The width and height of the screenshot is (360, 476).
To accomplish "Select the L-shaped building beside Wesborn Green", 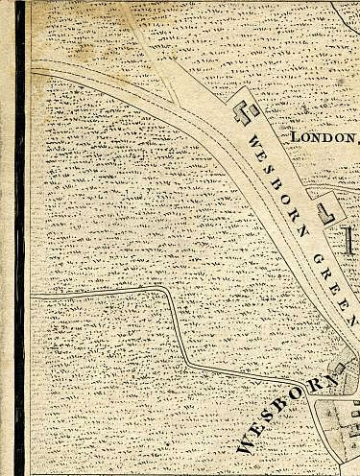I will (325, 207).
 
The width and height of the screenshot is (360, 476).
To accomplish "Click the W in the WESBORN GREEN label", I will (253, 142).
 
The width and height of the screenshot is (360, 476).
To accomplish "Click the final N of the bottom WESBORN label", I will (331, 383).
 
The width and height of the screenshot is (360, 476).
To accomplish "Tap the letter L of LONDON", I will (294, 136).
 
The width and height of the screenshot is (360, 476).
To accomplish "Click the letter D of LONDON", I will (328, 137).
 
